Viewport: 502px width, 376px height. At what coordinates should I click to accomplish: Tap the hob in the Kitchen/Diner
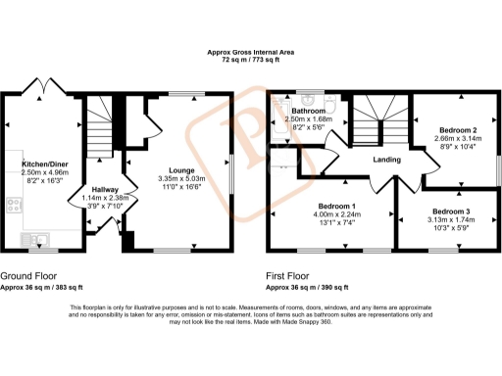pos(15,205)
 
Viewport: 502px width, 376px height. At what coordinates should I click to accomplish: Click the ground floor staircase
pos(98,129)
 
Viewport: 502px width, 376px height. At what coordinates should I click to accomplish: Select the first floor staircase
pos(374,118)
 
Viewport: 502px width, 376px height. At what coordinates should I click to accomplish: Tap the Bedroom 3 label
pos(451,212)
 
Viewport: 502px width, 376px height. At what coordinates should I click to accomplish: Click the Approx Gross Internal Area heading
pos(250,52)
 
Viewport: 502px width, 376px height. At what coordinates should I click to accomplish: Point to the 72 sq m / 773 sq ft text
pos(250,61)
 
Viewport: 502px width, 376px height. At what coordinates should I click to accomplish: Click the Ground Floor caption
pos(28,276)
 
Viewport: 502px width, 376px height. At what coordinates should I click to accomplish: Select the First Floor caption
pos(293,276)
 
